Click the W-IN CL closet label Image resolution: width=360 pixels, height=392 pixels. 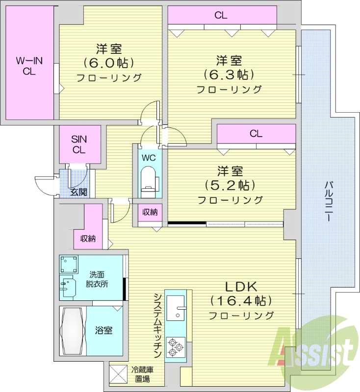pyautogui.click(x=29, y=66)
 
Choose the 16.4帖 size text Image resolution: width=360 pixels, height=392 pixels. pyautogui.click(x=241, y=300)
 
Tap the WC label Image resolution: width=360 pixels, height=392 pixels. pyautogui.click(x=149, y=158)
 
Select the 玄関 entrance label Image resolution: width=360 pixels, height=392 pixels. pyautogui.click(x=78, y=192)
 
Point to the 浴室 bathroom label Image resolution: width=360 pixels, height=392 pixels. pyautogui.click(x=103, y=330)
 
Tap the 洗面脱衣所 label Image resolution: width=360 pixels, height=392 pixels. pyautogui.click(x=98, y=279)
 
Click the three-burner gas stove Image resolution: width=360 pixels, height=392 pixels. pyautogui.click(x=175, y=346)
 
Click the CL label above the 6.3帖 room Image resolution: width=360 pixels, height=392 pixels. pyautogui.click(x=221, y=15)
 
